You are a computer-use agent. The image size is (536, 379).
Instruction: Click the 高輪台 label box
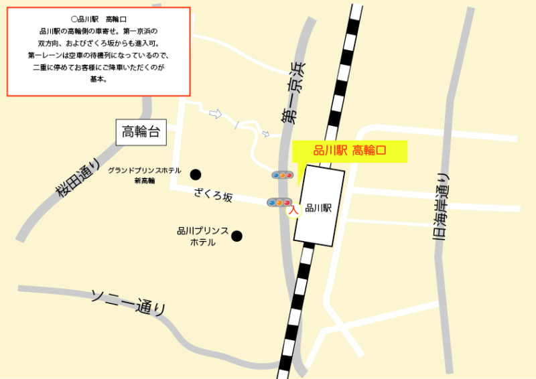(x=140, y=132)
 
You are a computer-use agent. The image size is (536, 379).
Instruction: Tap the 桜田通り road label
(x=78, y=179)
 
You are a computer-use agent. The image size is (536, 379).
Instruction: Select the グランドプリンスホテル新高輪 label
(x=144, y=175)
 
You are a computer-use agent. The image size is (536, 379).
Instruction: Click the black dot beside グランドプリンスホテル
(x=196, y=175)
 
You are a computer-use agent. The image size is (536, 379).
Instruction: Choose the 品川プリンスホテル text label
(x=202, y=236)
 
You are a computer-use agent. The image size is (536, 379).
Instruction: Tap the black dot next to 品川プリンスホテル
(x=237, y=236)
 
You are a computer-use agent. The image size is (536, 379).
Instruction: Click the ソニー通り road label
(x=128, y=302)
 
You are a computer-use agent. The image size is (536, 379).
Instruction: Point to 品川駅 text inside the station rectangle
(x=318, y=208)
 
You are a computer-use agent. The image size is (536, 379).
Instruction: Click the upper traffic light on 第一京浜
(x=282, y=175)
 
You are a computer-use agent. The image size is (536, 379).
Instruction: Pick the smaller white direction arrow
(x=265, y=134)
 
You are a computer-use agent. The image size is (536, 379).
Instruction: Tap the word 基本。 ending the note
(x=98, y=79)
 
